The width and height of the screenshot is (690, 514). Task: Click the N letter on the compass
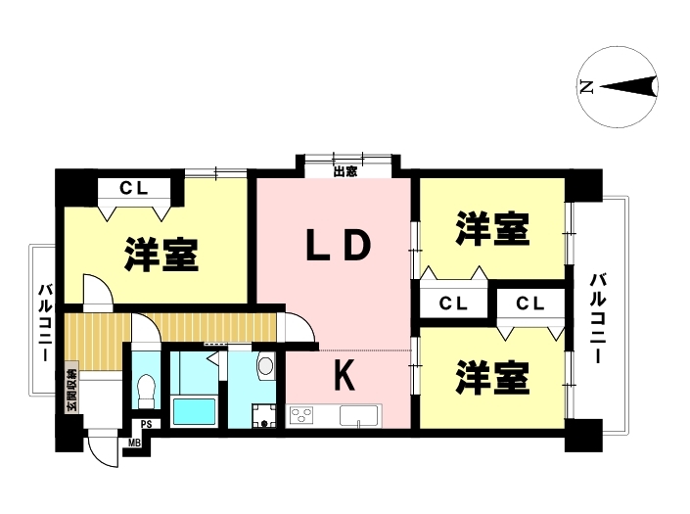tap(586, 87)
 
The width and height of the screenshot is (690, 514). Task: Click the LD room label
tap(339, 245)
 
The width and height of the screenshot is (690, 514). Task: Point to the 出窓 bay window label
tap(345, 171)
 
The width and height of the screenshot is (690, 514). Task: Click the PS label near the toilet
tap(146, 424)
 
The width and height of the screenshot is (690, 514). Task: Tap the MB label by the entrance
tap(134, 444)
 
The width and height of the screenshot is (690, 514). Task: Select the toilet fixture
tap(147, 391)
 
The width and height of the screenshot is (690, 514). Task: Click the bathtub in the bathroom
tap(194, 412)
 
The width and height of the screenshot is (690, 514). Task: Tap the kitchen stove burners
tap(301, 415)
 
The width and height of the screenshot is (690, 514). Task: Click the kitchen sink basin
tap(358, 415)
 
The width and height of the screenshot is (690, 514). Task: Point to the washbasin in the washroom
tap(265, 365)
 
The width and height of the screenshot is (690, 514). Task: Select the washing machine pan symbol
tap(264, 416)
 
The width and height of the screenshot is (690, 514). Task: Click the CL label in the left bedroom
tap(134, 189)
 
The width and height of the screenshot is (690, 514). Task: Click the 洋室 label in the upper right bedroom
tap(492, 228)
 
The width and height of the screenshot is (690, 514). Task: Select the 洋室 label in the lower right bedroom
tap(492, 377)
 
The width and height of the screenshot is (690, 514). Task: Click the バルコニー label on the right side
tap(598, 318)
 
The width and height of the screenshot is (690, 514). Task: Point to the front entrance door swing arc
tap(98, 457)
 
